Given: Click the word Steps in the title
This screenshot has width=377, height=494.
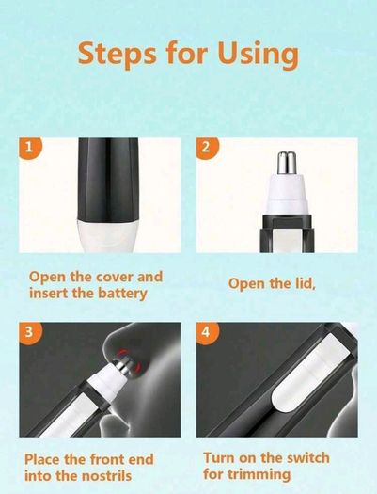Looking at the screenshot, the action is tap(117, 54).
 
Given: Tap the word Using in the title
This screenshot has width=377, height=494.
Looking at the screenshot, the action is tap(258, 55).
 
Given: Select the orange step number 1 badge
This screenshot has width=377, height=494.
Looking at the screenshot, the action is tap(29, 147).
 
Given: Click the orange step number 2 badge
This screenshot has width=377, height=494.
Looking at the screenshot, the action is tap(207, 147).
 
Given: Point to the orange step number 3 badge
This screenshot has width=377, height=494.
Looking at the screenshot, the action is tap(29, 332).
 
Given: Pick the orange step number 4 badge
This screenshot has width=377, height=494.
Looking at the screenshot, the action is tap(207, 332).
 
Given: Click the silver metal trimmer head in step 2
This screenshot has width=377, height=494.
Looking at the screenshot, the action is tap(286, 163).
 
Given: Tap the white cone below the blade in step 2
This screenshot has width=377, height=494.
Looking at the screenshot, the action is tap(286, 192).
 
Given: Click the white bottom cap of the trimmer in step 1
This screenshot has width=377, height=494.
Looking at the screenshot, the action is tap(108, 235).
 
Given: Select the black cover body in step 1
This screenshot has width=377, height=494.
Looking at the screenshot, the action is tap(108, 179).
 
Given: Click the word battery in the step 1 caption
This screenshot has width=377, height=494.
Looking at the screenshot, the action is tap(122, 294).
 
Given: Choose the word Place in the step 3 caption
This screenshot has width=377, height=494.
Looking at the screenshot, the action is tap(42, 459).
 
